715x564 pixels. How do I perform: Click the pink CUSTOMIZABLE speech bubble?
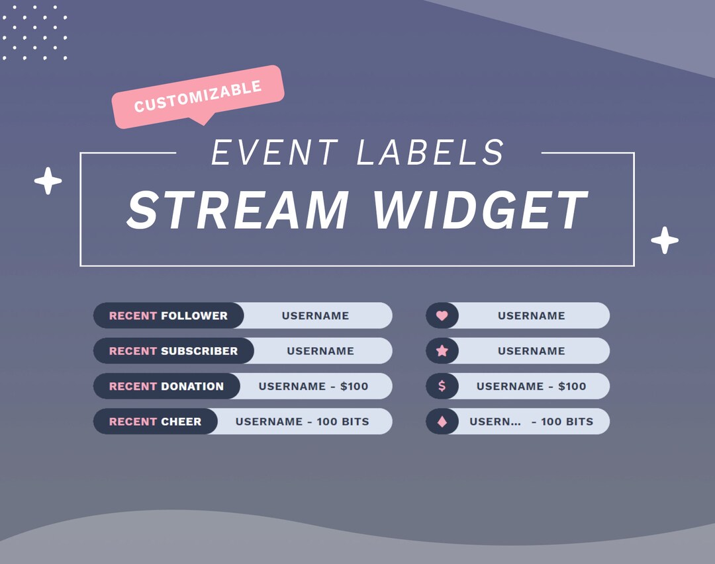[198, 97]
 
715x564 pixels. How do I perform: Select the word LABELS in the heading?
[430, 153]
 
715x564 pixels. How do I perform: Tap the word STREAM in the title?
[237, 210]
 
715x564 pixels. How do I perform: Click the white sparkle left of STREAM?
[48, 181]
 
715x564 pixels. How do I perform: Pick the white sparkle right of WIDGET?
[665, 240]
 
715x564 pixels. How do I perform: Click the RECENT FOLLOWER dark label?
[168, 315]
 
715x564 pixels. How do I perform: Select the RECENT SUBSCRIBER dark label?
[173, 351]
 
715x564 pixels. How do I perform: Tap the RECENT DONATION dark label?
[166, 386]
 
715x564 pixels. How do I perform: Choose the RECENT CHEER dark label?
[155, 421]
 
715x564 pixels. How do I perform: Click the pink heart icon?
[442, 316]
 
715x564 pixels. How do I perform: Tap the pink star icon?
[442, 351]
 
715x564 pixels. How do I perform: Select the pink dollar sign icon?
[442, 386]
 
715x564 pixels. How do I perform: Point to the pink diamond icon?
[442, 421]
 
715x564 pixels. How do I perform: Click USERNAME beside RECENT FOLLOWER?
[315, 315]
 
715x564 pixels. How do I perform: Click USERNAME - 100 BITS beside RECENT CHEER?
[302, 421]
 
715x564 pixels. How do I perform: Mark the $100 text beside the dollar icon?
[572, 386]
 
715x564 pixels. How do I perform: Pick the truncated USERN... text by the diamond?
[495, 421]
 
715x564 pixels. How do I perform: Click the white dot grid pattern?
[34, 32]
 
